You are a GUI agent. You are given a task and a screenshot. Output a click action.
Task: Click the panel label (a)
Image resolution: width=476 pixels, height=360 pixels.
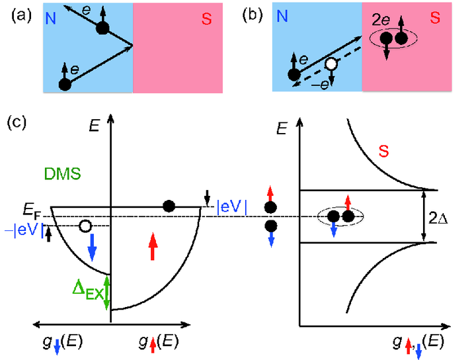(x=21, y=16)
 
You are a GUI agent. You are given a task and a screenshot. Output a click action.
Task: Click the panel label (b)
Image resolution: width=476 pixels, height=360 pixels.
(x=253, y=16)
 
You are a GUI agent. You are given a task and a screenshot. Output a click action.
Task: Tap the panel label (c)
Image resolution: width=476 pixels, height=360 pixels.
(x=17, y=122)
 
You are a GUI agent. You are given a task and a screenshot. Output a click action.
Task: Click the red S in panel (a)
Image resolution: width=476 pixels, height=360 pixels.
(x=206, y=19)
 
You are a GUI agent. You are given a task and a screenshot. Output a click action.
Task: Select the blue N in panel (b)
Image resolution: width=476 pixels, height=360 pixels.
(x=282, y=16)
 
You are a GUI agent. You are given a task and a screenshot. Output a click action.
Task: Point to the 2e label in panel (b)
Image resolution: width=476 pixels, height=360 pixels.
(x=381, y=21)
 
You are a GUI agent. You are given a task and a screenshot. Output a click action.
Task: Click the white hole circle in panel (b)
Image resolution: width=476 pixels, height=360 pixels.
(x=331, y=64)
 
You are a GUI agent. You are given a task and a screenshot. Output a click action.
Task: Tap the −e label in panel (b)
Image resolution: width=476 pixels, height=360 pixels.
(x=320, y=85)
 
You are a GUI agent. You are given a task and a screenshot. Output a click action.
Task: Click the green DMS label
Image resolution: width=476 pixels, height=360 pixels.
(x=63, y=174)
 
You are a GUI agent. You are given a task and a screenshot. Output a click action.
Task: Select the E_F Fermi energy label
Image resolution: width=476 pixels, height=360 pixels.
(x=31, y=211)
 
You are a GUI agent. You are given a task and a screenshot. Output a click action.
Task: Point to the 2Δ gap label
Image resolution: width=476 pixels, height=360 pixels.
(x=438, y=218)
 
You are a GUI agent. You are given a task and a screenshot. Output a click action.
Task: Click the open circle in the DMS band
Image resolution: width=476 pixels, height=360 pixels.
(x=85, y=226)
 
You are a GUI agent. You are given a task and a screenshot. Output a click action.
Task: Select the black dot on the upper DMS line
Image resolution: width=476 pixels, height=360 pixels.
(x=169, y=206)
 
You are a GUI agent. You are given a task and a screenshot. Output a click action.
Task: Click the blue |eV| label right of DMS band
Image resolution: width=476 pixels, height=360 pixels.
(x=231, y=208)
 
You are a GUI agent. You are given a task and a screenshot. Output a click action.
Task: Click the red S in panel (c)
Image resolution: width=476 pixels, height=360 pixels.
(x=383, y=151)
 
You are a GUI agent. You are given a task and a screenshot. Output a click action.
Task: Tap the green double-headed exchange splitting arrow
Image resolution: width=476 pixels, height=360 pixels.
(x=106, y=292)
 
